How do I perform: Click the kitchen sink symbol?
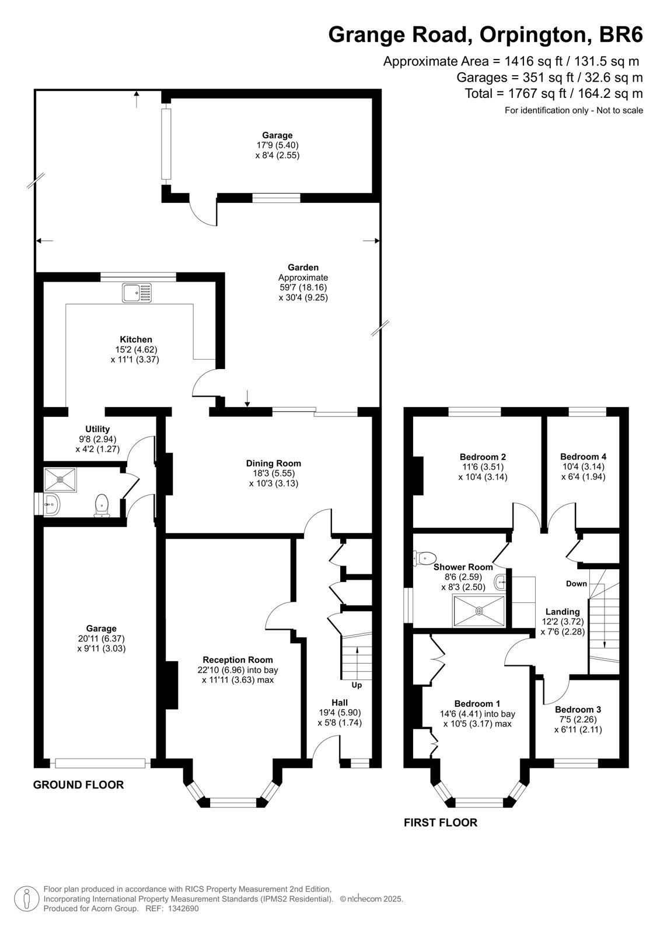(x=137, y=292)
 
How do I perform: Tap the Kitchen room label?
(x=136, y=339)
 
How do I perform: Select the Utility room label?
(x=97, y=429)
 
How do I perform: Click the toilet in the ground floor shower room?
(x=102, y=505)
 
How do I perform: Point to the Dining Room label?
(x=274, y=463)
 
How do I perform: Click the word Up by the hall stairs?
(x=357, y=685)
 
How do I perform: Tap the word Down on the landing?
(x=577, y=584)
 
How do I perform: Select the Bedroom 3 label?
(x=578, y=709)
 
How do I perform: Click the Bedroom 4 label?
(x=584, y=457)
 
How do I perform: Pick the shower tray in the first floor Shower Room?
(x=479, y=611)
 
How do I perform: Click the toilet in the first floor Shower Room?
(x=424, y=557)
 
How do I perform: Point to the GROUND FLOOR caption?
(x=78, y=785)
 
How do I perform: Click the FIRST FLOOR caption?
(x=440, y=822)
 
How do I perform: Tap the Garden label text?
(x=303, y=268)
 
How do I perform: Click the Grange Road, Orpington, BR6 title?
(x=486, y=34)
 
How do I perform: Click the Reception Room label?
(x=238, y=660)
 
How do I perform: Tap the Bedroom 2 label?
(x=483, y=457)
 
